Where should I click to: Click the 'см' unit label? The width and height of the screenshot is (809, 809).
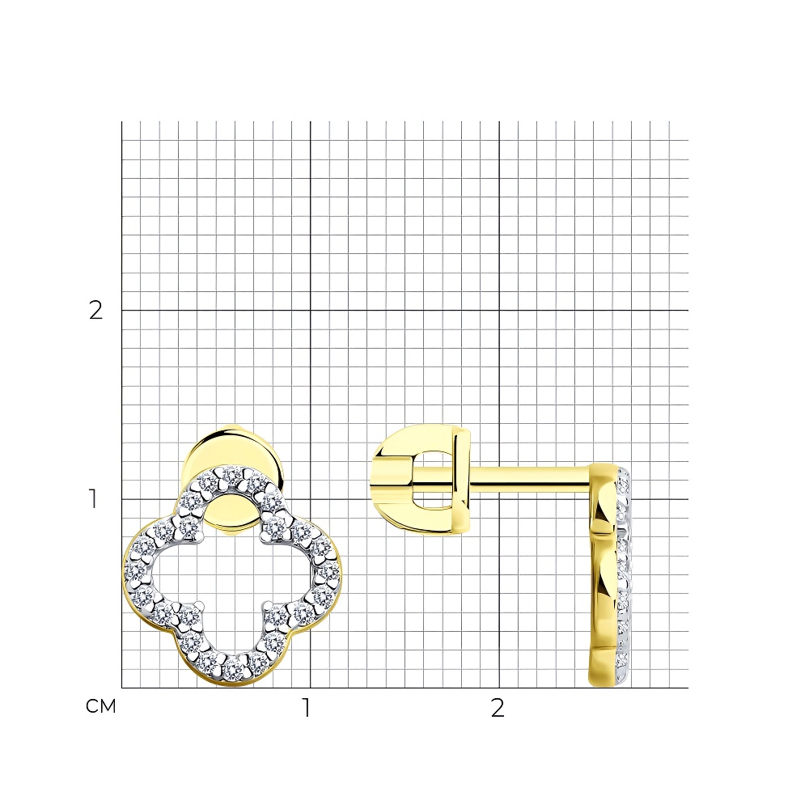[100, 706]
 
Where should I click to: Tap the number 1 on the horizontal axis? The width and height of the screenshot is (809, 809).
[307, 708]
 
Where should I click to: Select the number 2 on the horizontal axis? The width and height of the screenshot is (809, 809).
[498, 708]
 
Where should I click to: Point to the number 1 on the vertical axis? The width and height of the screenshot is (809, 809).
[93, 498]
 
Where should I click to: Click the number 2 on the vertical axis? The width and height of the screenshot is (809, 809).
[96, 310]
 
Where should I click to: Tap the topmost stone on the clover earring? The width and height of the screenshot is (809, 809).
[231, 475]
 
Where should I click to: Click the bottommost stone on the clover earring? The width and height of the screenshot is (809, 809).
[234, 669]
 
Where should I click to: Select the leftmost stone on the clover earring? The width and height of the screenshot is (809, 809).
[134, 570]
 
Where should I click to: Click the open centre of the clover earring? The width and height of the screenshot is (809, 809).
[232, 573]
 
